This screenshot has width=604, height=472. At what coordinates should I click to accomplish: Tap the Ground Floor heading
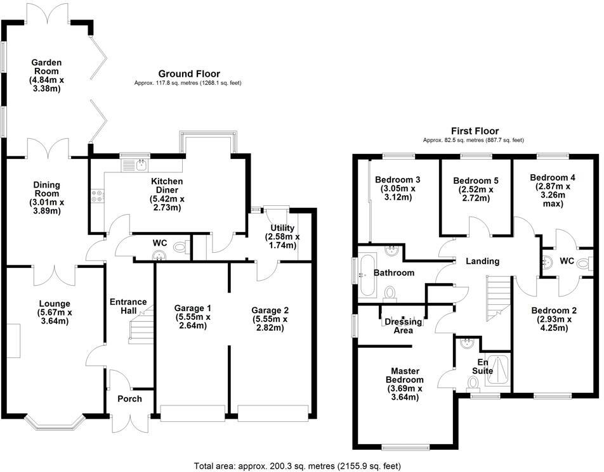tap(189, 74)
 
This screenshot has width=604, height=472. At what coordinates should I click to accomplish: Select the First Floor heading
tap(474, 131)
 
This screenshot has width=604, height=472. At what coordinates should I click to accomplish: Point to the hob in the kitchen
tap(98, 196)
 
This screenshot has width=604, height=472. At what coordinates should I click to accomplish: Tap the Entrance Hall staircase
tap(141, 324)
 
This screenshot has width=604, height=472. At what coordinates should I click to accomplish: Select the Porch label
tap(129, 399)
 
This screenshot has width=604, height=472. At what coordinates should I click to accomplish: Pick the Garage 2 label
tap(270, 310)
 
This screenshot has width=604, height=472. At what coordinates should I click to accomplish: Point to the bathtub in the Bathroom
tap(367, 276)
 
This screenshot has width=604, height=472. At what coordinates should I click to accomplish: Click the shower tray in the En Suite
tap(497, 369)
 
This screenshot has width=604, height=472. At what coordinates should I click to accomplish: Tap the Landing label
tap(482, 261)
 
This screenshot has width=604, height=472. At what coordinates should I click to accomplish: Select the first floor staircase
tap(498, 298)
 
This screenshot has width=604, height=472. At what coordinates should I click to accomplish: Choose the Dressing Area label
tap(404, 326)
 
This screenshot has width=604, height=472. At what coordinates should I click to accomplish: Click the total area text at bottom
tap(297, 466)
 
